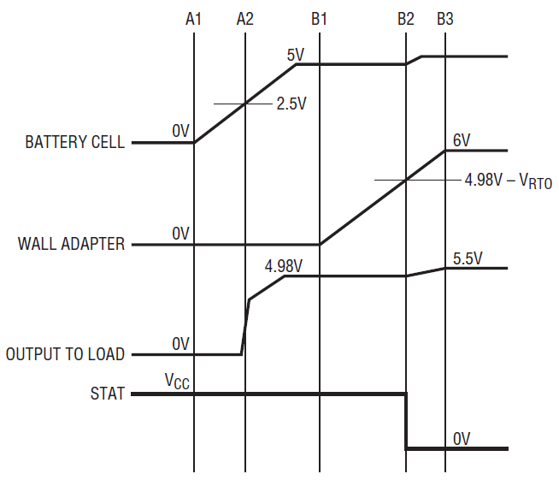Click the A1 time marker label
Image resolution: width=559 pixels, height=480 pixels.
(x=193, y=19)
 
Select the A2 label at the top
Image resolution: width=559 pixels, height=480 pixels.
(x=245, y=19)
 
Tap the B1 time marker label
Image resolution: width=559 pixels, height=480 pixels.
(x=319, y=19)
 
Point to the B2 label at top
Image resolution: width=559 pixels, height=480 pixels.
(x=406, y=19)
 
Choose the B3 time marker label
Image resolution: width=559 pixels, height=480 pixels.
(x=445, y=19)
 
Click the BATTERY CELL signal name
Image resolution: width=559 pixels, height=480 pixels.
(x=75, y=142)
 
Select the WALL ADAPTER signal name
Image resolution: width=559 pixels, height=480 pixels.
(x=71, y=244)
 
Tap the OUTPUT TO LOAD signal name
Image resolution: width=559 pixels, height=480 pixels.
(x=65, y=354)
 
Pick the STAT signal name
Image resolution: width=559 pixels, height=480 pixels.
(x=108, y=394)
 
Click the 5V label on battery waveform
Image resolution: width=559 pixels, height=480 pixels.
(x=296, y=56)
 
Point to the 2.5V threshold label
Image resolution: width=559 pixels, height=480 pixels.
(x=291, y=104)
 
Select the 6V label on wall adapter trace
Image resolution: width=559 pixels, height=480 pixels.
(x=462, y=140)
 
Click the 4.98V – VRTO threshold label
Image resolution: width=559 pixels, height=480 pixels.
(x=509, y=181)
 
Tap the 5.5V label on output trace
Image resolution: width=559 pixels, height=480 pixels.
(x=468, y=258)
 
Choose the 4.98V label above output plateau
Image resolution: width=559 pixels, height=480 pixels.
(x=284, y=266)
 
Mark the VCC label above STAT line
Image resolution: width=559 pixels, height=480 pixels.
(x=177, y=381)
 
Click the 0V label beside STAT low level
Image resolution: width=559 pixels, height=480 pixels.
(x=462, y=439)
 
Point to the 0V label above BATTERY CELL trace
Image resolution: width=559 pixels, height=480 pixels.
(x=180, y=131)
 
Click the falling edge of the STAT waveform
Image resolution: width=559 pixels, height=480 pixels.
(x=406, y=421)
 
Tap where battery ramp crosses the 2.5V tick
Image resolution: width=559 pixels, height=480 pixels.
(x=245, y=104)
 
